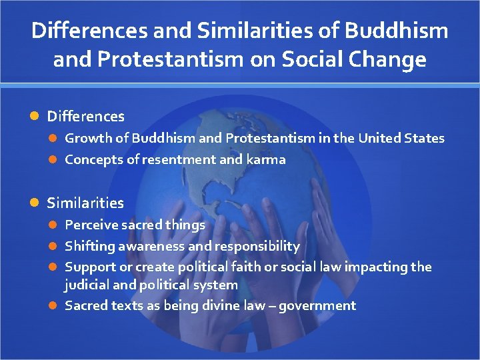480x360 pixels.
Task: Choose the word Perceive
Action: coord(91,225)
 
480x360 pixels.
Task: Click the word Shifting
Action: coord(89,247)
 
